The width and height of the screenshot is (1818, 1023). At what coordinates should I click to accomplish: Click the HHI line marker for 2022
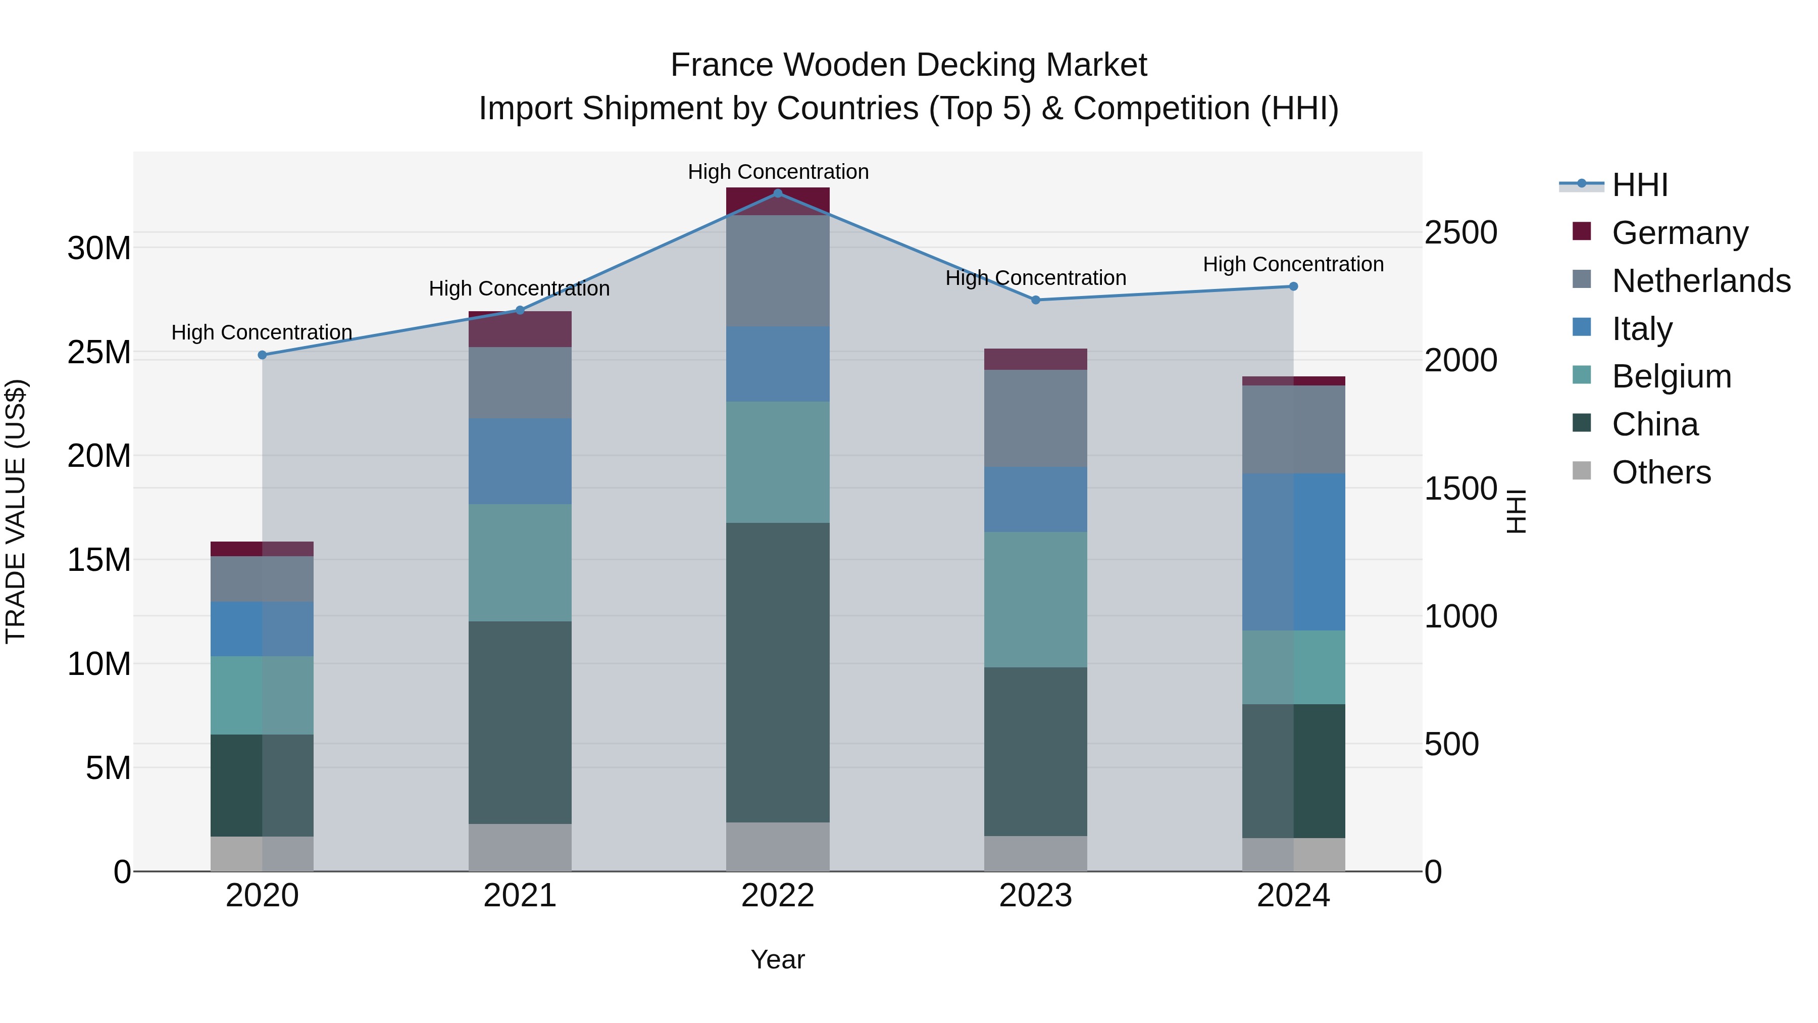point(778,193)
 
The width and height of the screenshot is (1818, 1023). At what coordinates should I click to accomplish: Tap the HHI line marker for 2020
point(262,355)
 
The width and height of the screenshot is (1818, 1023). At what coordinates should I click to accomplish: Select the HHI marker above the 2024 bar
point(1293,286)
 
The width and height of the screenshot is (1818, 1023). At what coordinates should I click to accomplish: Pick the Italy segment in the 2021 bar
point(520,461)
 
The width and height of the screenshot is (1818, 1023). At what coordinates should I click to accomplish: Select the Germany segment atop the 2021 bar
point(520,329)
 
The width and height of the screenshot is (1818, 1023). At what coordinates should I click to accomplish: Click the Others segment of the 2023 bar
point(1035,854)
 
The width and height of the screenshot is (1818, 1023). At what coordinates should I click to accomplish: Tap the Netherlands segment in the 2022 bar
point(778,271)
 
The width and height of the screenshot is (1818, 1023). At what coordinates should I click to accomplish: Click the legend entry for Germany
point(1680,233)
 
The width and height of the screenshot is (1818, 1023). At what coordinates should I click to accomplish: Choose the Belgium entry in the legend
point(1671,376)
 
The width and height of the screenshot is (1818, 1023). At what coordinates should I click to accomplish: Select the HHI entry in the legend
point(1639,185)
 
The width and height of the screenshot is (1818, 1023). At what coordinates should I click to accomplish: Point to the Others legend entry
point(1661,472)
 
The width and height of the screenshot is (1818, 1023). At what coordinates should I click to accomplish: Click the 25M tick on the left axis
point(99,352)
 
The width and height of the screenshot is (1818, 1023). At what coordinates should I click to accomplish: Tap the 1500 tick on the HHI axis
point(1460,489)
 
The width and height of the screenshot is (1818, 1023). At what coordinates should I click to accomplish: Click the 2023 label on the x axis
point(1035,896)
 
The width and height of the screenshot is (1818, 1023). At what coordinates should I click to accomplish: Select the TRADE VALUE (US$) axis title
point(16,511)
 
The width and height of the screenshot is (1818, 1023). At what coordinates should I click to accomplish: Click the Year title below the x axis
point(778,959)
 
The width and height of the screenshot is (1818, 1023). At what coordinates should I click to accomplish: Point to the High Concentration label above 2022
point(778,172)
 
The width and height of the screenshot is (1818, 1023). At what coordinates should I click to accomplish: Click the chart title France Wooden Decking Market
point(908,65)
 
